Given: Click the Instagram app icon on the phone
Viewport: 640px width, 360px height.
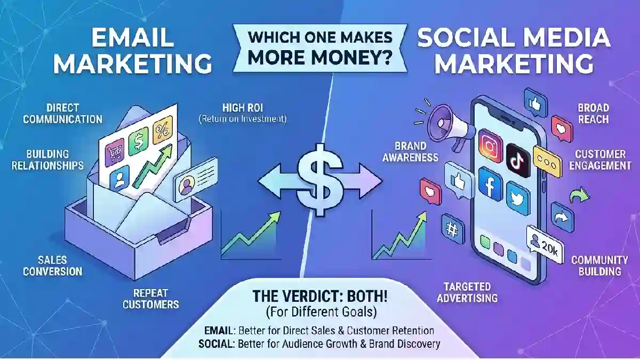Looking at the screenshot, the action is (x=490, y=146).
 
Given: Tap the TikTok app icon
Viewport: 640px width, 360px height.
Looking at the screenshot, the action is (x=518, y=161).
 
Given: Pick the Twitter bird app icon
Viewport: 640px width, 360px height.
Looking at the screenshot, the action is (x=518, y=198).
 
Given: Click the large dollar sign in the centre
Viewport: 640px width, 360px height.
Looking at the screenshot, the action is (x=320, y=180).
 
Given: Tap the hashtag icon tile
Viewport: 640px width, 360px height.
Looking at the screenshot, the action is (x=453, y=229).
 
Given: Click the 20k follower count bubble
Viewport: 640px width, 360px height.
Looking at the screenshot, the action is (x=546, y=245).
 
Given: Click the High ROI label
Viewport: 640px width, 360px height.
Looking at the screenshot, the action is (x=243, y=108).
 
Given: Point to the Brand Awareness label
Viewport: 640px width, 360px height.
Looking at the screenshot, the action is (x=410, y=151).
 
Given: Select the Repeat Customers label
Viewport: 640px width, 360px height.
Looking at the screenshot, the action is (x=150, y=299).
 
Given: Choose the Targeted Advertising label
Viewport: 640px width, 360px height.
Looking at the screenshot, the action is (x=467, y=292).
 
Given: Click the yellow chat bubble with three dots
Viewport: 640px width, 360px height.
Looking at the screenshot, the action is (x=547, y=162).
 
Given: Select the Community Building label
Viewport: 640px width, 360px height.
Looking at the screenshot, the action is (x=599, y=266).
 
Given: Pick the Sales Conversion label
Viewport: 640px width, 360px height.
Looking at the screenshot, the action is (x=53, y=266).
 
